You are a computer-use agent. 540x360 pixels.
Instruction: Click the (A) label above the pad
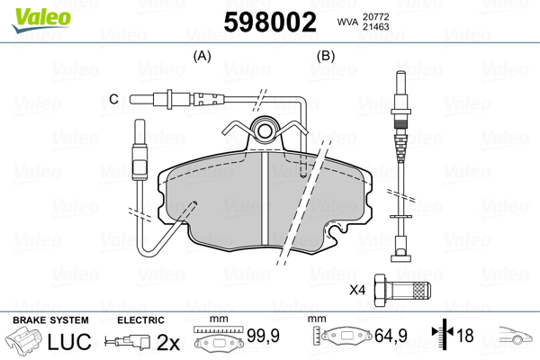[x=202, y=56]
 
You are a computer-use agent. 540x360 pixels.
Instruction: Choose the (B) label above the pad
[x=325, y=56]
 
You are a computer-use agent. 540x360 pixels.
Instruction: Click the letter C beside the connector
[x=113, y=98]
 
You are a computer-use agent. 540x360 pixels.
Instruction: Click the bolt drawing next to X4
[x=402, y=291]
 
